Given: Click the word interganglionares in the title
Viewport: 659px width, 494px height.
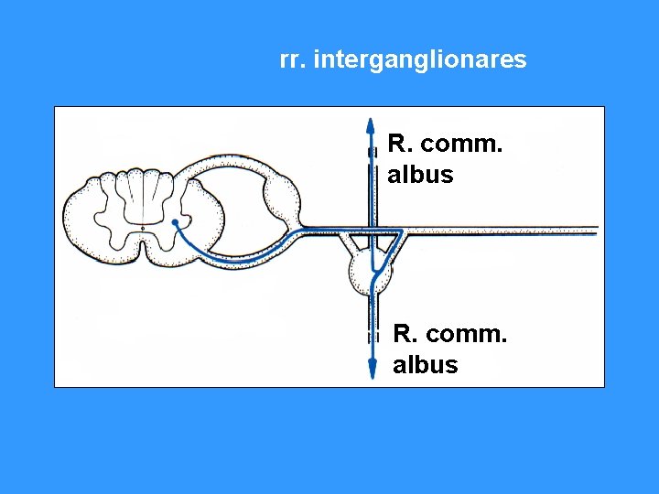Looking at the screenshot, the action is [420, 60].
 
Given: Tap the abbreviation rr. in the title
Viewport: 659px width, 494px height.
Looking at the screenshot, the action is [292, 60].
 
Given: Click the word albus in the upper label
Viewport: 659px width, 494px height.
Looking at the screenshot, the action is [420, 175].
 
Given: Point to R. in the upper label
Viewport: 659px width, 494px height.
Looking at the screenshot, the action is [398, 144].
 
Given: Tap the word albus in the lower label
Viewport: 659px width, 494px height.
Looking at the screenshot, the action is [426, 365].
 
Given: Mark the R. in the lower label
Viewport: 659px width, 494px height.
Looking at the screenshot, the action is [404, 334].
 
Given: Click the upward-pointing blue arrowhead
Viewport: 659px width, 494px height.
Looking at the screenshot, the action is [369, 125].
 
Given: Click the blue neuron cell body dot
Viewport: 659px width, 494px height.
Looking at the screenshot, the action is [175, 222].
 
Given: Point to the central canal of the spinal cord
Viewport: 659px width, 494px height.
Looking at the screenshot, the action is [143, 226].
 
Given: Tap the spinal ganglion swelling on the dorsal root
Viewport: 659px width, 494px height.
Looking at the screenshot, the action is [282, 195].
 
